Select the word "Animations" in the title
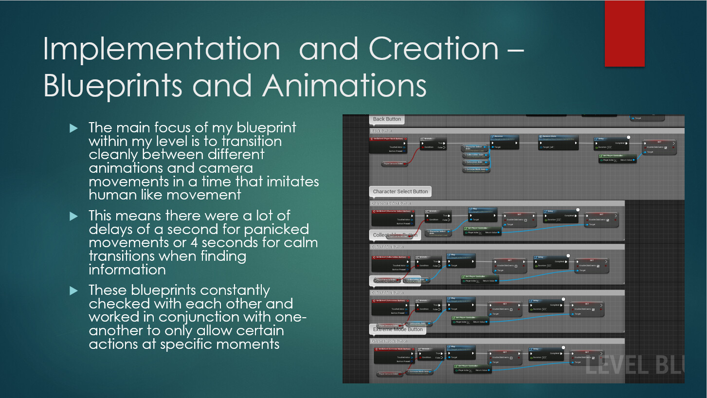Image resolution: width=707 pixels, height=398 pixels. [344, 86]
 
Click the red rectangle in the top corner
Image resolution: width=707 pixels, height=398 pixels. [624, 34]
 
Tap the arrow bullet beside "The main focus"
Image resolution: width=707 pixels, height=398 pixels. [73, 128]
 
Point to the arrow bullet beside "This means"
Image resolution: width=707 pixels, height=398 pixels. [73, 216]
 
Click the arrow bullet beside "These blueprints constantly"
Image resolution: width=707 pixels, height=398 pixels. [73, 291]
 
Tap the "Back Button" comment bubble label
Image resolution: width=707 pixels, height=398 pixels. [387, 119]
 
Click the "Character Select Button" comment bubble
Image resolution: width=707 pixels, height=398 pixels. [400, 191]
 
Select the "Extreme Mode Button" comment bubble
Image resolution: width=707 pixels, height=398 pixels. [398, 329]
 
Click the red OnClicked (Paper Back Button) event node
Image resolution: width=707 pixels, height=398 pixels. [388, 145]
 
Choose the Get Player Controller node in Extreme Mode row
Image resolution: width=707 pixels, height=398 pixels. [472, 368]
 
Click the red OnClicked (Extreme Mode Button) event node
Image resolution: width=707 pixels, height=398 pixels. [393, 355]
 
